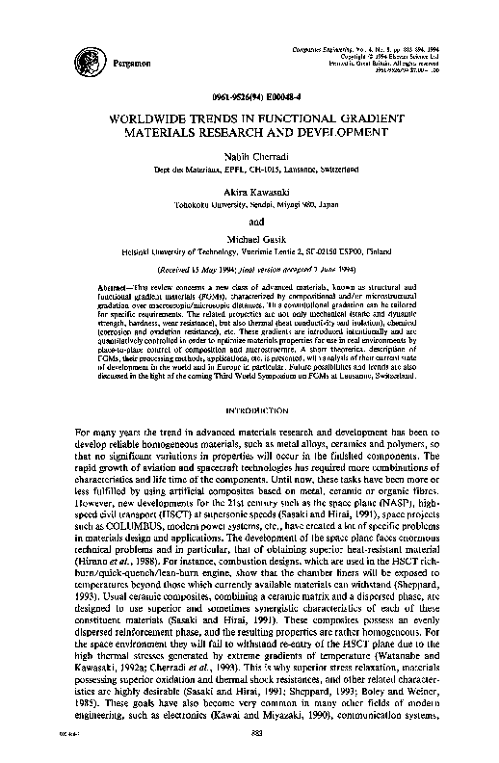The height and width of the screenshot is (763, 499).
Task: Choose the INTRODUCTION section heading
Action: tap(249, 410)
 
